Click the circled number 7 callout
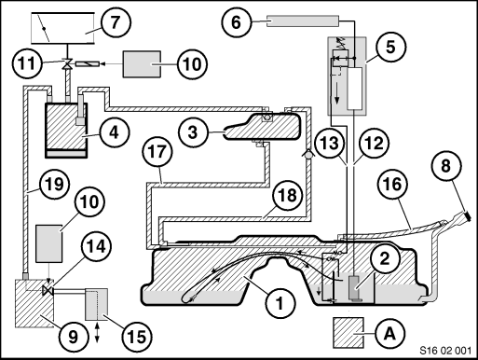pyautogui.click(x=116, y=22)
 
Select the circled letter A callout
pyautogui.click(x=389, y=334)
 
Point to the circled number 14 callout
pyautogui.click(x=95, y=245)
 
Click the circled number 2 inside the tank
pyautogui.click(x=385, y=257)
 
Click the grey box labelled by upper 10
pyautogui.click(x=143, y=64)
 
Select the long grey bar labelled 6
pyautogui.click(x=302, y=21)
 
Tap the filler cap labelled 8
pyautogui.click(x=466, y=215)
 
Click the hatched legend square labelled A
pyautogui.click(x=348, y=332)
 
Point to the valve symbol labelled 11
pyautogui.click(x=66, y=63)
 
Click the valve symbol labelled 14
pyautogui.click(x=48, y=291)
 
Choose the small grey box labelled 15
pyautogui.click(x=97, y=304)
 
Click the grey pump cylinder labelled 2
pyautogui.click(x=355, y=287)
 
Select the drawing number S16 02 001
pyautogui.click(x=445, y=351)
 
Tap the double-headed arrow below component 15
pyautogui.click(x=98, y=332)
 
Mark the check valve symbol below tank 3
pyautogui.click(x=307, y=155)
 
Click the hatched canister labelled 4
pyautogui.click(x=66, y=130)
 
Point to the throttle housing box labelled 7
pyautogui.click(x=62, y=28)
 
